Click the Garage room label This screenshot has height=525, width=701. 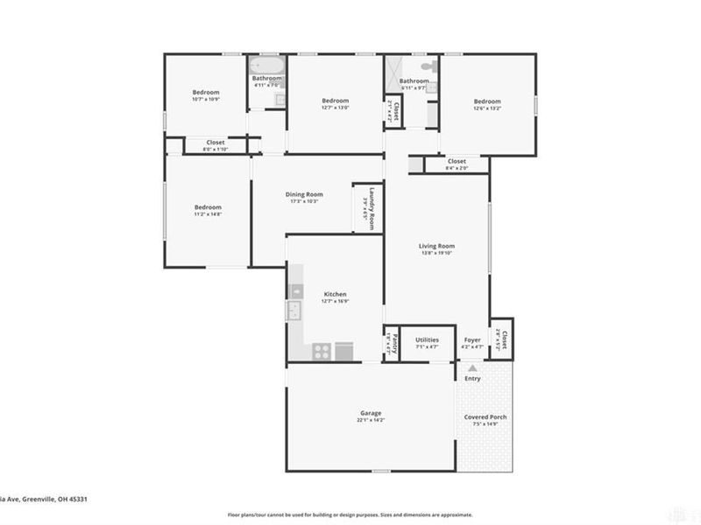[369, 416]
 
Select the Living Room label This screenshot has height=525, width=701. [435, 250]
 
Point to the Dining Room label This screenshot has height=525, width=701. [304, 197]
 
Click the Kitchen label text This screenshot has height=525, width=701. [336, 297]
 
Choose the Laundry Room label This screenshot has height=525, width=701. [371, 208]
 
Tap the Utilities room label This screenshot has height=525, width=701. [428, 342]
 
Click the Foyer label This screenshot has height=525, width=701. [472, 342]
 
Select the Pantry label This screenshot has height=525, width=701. [395, 342]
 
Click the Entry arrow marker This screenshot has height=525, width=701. [473, 369]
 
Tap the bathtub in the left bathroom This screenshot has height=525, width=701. [263, 66]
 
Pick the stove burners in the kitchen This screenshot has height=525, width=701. [322, 352]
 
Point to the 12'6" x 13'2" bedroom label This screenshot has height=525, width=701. [487, 104]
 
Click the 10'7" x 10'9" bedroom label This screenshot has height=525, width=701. [206, 95]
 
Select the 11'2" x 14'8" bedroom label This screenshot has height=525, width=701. [208, 210]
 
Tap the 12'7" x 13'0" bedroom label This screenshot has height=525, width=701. [335, 104]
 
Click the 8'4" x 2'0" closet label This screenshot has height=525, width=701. [457, 164]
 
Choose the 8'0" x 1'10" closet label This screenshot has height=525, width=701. [215, 145]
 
